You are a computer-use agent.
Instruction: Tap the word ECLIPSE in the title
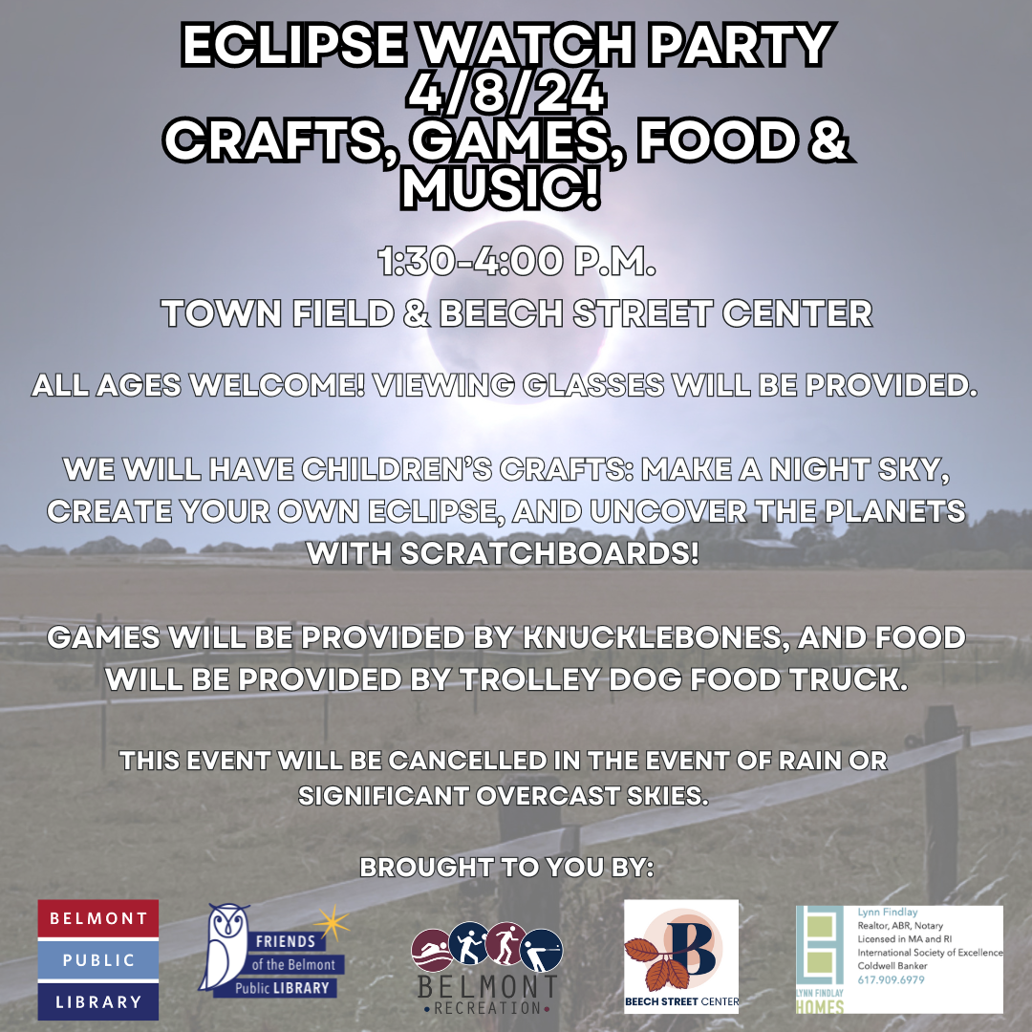(294, 45)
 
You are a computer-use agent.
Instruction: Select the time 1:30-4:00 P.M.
(517, 261)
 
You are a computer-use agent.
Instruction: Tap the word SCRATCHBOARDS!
(549, 553)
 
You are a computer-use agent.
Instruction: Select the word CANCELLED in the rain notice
(467, 761)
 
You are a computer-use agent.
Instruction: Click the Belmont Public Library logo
(98, 959)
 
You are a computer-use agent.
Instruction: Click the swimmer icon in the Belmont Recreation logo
(431, 949)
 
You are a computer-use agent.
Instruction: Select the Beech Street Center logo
(681, 957)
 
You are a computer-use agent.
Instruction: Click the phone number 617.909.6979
(892, 980)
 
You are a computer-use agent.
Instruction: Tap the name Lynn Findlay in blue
(887, 913)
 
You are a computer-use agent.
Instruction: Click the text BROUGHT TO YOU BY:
(506, 867)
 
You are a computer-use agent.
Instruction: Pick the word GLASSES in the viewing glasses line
(593, 385)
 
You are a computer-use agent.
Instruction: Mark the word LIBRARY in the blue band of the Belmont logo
(98, 1001)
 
